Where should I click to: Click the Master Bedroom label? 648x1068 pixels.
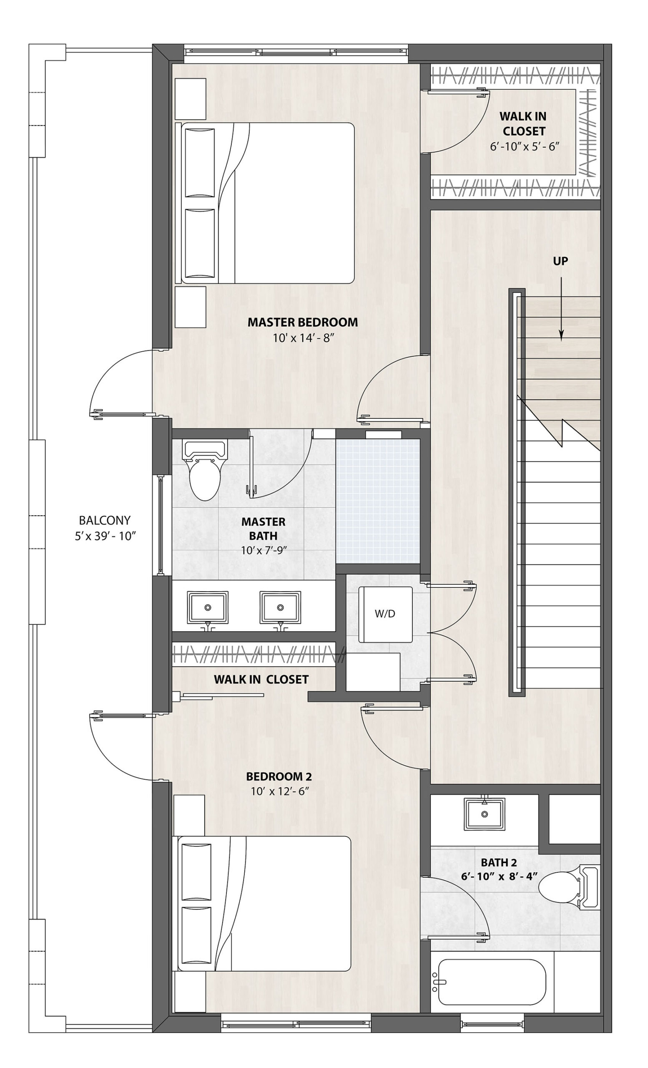click(302, 322)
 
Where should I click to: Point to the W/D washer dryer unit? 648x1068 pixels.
click(385, 614)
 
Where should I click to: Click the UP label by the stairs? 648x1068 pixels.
click(560, 261)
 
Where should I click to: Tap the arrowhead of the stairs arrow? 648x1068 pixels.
click(561, 334)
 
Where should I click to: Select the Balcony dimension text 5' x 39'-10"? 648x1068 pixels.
click(105, 536)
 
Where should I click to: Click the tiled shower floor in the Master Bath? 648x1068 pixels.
click(378, 501)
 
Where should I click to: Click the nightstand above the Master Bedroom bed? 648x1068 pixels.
click(191, 99)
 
